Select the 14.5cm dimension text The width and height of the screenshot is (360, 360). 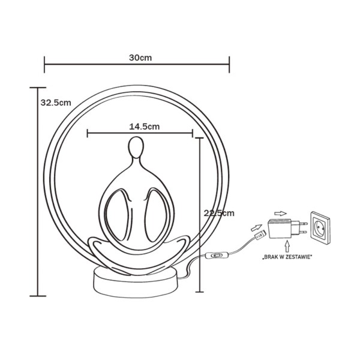click(144, 127)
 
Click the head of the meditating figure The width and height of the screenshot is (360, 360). click(136, 148)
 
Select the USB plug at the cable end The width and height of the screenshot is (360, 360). click(259, 237)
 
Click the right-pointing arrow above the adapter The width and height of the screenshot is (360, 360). click(280, 212)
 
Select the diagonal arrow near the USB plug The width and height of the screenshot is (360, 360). click(256, 227)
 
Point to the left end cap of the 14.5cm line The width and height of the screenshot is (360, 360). click(88, 133)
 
